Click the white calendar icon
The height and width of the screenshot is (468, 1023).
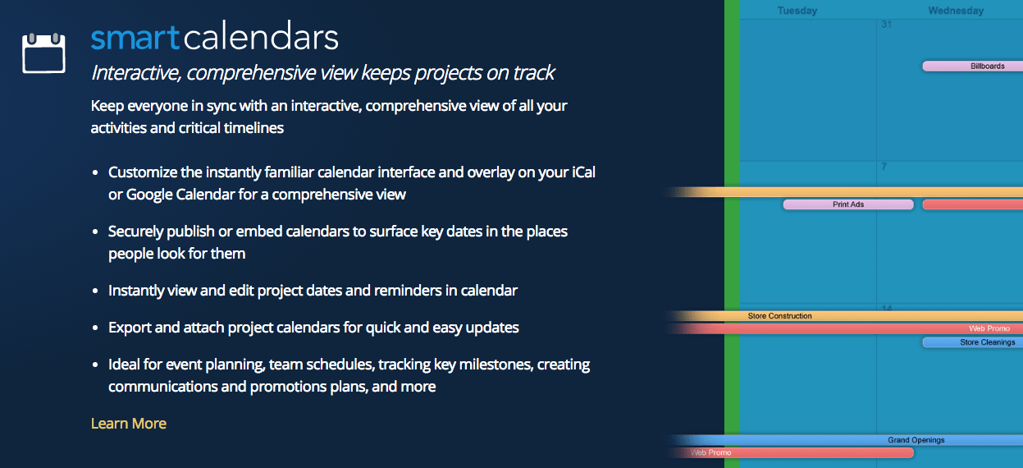tap(43, 53)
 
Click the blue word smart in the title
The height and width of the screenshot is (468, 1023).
tap(135, 38)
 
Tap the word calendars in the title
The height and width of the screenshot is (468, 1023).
tap(261, 35)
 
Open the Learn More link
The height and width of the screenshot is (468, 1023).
tap(128, 423)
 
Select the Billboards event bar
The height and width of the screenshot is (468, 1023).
tap(973, 67)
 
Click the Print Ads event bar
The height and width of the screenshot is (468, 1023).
tap(848, 204)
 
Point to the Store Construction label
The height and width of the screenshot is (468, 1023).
tap(779, 316)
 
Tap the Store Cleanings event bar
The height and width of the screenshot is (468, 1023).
tap(973, 342)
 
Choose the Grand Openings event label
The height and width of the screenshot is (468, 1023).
tap(916, 439)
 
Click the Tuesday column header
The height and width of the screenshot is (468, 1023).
tap(797, 11)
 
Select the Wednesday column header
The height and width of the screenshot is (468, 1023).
tap(956, 11)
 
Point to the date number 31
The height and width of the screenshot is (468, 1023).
tap(887, 25)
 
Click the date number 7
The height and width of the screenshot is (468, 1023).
tap(884, 167)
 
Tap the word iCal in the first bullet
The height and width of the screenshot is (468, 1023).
tap(583, 172)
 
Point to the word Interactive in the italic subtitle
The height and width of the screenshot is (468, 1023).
tap(136, 73)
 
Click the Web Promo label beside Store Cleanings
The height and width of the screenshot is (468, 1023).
tap(989, 328)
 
